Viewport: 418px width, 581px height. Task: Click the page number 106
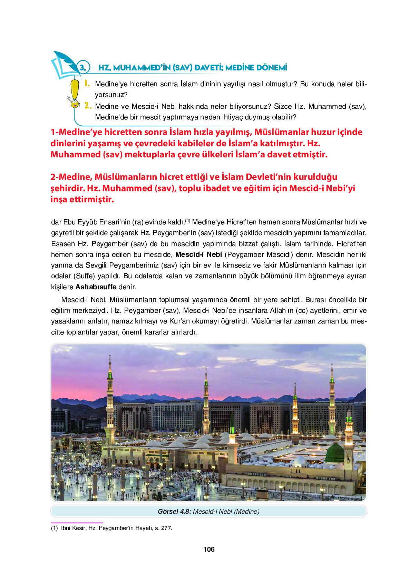(x=209, y=549)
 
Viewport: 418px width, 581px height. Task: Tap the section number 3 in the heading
(x=83, y=67)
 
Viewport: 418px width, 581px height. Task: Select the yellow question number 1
(x=87, y=83)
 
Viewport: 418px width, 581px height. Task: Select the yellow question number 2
(x=88, y=106)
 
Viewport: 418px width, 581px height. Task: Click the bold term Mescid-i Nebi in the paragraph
(x=198, y=254)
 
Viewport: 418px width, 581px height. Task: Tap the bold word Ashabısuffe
(x=96, y=287)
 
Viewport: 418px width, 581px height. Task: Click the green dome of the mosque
(x=335, y=453)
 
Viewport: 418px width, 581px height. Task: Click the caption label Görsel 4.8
(x=174, y=512)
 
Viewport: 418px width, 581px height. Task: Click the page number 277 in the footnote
(x=167, y=528)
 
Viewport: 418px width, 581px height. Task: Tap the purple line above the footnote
(x=77, y=523)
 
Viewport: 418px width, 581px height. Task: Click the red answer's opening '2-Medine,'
(x=71, y=177)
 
